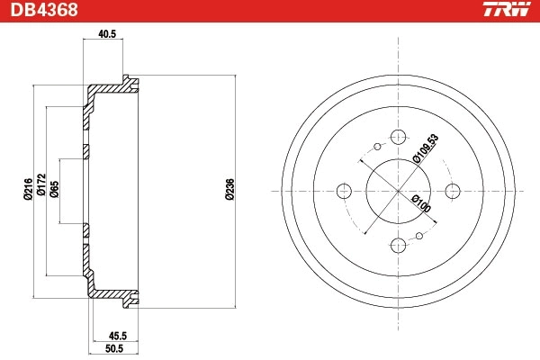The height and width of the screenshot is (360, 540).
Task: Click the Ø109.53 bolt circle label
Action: (426, 148)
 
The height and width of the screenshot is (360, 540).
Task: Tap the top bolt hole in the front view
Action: (397, 137)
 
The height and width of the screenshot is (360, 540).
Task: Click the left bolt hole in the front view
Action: (342, 191)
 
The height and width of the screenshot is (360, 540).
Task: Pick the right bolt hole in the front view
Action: (453, 191)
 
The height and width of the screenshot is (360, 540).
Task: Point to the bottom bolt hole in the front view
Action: (397, 244)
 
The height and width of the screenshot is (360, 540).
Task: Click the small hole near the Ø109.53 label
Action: (374, 147)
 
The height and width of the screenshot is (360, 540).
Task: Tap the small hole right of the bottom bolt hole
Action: (420, 236)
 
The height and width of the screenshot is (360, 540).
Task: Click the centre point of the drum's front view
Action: (397, 191)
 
